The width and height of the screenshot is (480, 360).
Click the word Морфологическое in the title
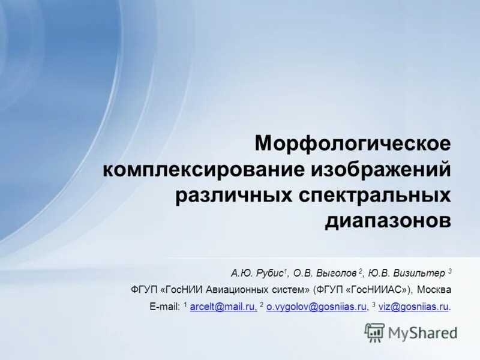tap(352, 144)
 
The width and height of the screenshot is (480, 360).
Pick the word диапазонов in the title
tap(388, 220)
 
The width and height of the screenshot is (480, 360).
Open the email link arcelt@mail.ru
tap(223, 307)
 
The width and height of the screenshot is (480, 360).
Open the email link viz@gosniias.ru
tap(413, 307)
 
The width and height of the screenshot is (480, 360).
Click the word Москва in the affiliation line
tap(435, 289)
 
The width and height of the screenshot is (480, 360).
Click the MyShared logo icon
tap(374, 332)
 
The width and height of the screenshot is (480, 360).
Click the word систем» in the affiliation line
tap(288, 289)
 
